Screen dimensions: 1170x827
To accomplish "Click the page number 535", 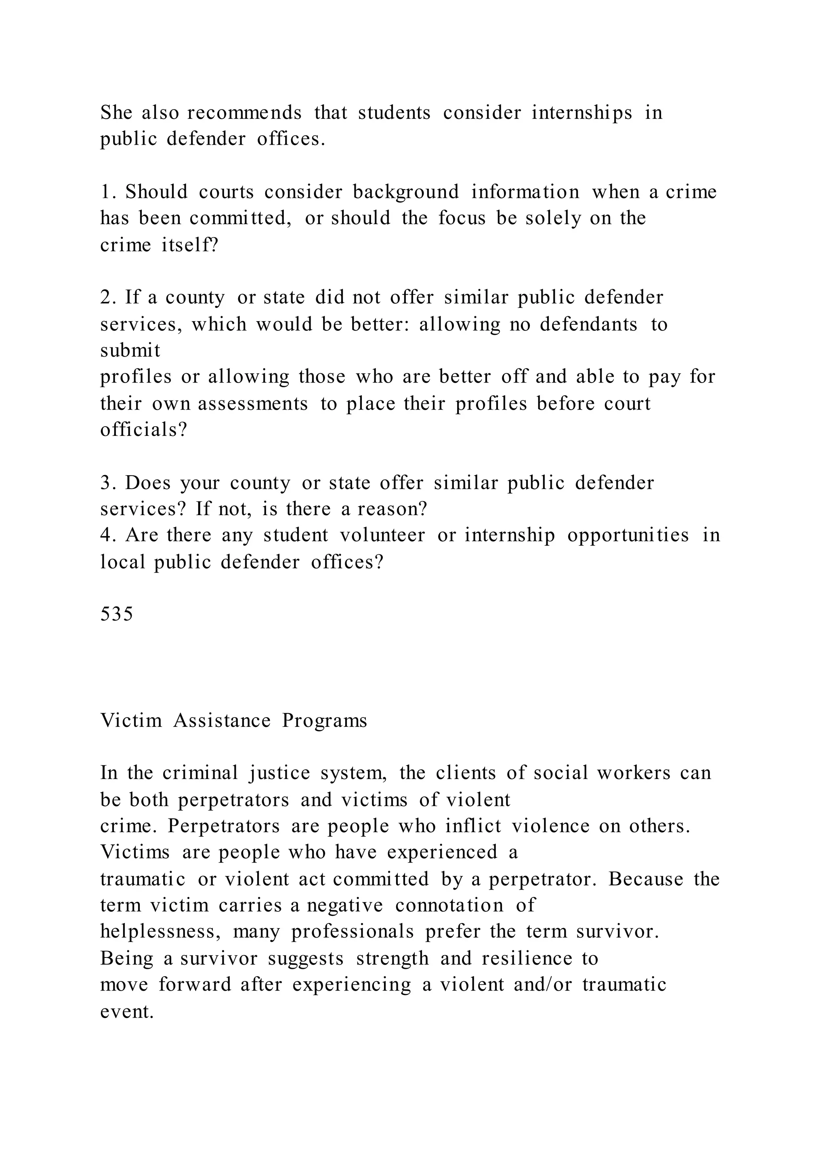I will [x=117, y=614].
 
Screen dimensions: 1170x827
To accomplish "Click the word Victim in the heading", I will [x=131, y=720].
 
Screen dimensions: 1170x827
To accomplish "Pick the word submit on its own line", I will [x=130, y=350].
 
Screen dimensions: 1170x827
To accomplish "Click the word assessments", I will [x=253, y=404].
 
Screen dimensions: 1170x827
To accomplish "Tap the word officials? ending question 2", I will [x=144, y=429].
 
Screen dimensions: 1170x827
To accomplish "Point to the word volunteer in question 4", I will [x=382, y=535].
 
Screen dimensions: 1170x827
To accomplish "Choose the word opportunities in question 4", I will [x=628, y=535].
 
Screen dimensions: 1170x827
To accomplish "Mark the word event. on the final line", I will [x=127, y=1011].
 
